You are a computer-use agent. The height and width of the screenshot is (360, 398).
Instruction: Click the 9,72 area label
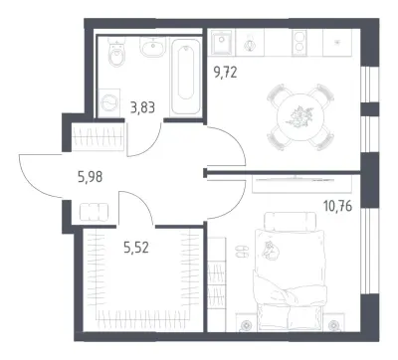pos(226,72)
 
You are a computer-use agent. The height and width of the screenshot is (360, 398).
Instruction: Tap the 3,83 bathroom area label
pos(142,107)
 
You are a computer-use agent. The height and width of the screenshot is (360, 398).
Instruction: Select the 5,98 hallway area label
pos(91,177)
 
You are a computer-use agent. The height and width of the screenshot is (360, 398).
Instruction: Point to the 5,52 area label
pos(136,248)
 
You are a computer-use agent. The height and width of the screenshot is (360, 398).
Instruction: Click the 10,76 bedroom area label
pos(337,206)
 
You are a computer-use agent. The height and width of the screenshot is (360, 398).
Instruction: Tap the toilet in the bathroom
pos(116,52)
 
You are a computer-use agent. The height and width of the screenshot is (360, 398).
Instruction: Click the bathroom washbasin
pos(152,47)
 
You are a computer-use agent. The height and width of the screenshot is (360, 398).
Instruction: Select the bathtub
pos(185,77)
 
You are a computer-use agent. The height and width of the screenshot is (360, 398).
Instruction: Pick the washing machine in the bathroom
pos(109,102)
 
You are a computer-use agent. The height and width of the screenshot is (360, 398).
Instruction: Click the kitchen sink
pos(222,43)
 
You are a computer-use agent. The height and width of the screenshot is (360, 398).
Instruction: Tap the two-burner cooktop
pos(299,43)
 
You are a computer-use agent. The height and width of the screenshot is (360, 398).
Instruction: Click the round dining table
pos(300,117)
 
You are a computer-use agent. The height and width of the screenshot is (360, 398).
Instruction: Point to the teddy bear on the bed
pos(271,251)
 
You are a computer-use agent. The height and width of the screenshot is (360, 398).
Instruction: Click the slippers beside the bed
pos(242,251)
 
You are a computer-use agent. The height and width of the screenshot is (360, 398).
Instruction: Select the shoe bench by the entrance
pos(94,212)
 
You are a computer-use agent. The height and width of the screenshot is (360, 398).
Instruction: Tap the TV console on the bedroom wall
pos(301,184)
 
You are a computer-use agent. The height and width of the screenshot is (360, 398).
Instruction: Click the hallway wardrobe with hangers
pos(98,136)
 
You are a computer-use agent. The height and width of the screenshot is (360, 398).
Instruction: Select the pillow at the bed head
pos(291,220)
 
